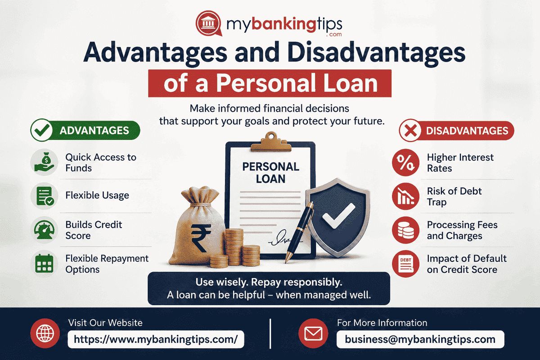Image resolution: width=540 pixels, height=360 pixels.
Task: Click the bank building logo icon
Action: [x=208, y=23]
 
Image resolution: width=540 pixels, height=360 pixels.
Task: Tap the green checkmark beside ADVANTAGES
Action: [x=41, y=130]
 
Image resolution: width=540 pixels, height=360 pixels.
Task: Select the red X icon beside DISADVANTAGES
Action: [x=410, y=130]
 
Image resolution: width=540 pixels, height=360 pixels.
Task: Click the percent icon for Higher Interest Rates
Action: [x=406, y=162]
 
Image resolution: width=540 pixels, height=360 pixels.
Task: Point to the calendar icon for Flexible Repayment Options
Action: [x=45, y=264]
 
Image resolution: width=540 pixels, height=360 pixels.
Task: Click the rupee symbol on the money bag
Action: [x=201, y=238]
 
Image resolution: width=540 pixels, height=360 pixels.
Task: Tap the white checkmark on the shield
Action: [x=338, y=216]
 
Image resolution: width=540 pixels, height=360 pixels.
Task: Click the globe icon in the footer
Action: [x=45, y=333]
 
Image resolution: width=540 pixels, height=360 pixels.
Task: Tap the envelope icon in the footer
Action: [x=313, y=333]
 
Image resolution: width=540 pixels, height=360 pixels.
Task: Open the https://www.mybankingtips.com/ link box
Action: [x=156, y=339]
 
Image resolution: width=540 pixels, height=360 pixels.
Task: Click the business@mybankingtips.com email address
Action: [x=420, y=339]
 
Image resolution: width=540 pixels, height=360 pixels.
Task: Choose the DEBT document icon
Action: [x=406, y=264]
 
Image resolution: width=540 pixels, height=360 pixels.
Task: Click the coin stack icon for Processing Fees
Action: [x=406, y=230]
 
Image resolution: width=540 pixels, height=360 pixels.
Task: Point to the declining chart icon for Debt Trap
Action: [x=406, y=196]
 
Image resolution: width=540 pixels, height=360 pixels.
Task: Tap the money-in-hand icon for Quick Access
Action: [x=45, y=162]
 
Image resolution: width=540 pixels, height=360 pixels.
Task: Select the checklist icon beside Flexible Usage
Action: [x=45, y=196]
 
